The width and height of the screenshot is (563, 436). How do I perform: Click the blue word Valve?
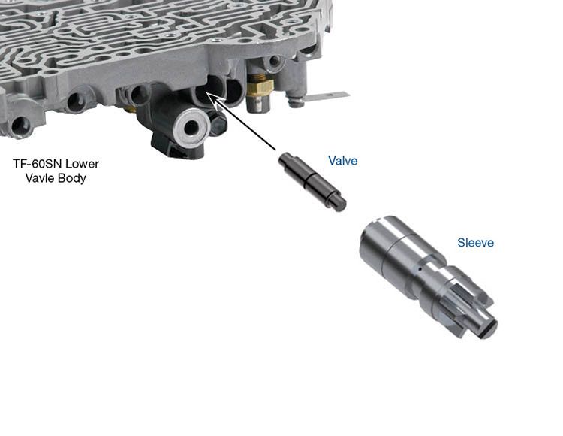(x=342, y=161)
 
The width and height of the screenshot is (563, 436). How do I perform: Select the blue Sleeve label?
(x=475, y=243)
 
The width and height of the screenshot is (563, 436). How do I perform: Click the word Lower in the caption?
(x=83, y=164)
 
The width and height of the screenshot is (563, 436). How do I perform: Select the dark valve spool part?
(x=312, y=181)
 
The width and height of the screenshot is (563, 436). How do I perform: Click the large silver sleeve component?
(x=428, y=277)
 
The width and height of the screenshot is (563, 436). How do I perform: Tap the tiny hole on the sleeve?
(x=418, y=268)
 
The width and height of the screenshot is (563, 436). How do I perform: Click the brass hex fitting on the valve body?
(x=260, y=86)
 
